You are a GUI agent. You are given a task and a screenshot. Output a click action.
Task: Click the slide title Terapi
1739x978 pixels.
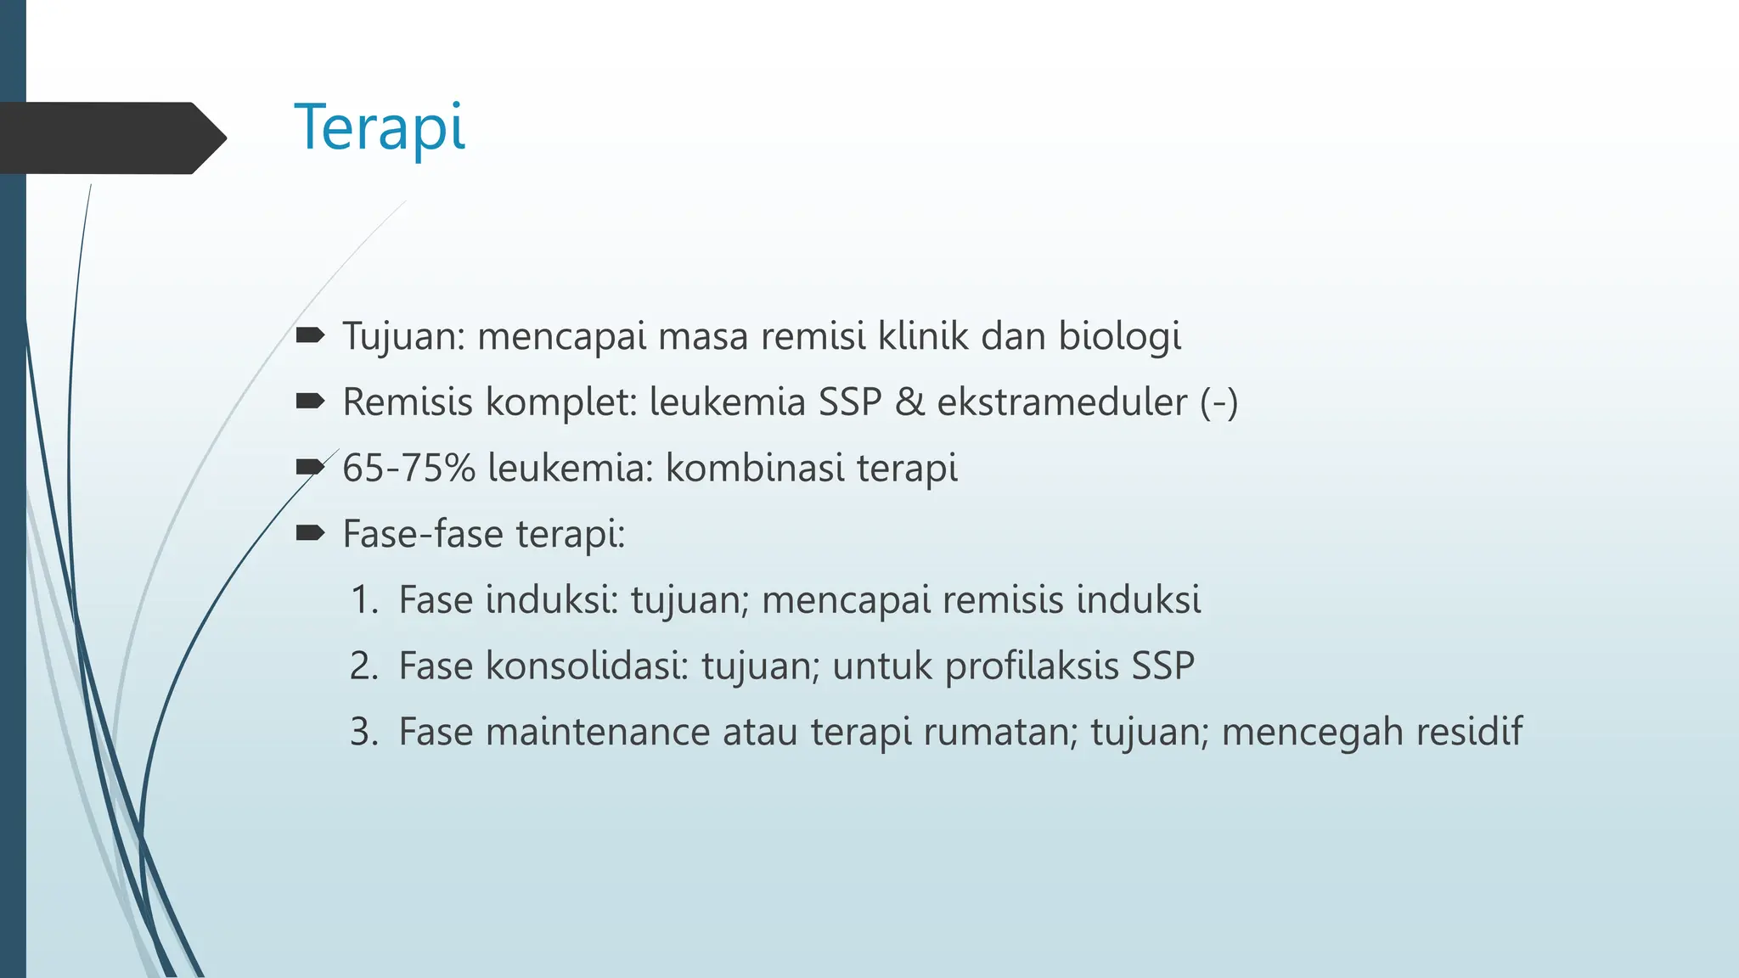tap(380, 127)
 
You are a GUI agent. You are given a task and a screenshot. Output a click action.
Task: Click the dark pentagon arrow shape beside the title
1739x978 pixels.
tap(110, 138)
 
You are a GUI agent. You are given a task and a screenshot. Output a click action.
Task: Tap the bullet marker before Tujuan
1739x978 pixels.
tap(310, 335)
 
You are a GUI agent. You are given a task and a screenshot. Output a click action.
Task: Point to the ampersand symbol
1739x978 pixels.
tap(909, 402)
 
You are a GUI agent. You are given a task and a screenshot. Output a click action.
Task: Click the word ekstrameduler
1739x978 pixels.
tap(1061, 402)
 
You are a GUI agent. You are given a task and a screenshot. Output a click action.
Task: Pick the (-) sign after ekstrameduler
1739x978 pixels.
tap(1218, 402)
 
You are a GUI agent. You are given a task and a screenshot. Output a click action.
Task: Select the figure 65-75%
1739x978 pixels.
tap(408, 468)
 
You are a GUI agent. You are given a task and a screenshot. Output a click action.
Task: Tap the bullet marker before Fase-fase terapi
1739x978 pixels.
tap(310, 533)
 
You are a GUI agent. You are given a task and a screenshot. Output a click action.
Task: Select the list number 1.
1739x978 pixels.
tap(364, 600)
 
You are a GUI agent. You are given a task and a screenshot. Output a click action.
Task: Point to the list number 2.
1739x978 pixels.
tap(364, 666)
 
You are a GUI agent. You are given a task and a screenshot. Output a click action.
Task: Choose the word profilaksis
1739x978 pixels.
tap(1032, 666)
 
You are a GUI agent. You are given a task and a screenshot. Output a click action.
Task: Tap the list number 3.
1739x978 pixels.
tap(364, 732)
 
